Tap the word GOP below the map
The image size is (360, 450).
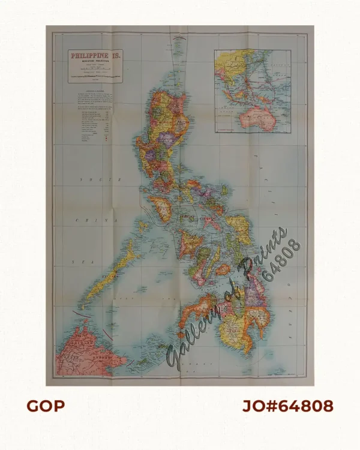click(45, 406)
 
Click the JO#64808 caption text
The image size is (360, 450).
click(287, 406)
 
